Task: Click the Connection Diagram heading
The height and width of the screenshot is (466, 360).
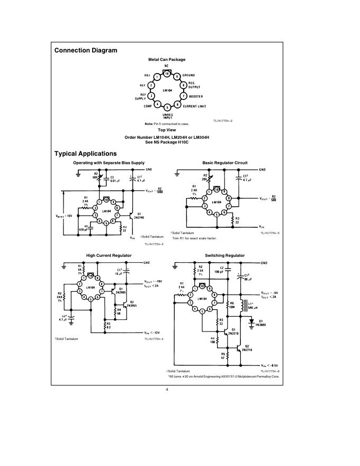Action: [86, 51]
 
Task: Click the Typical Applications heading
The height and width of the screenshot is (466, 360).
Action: [86, 154]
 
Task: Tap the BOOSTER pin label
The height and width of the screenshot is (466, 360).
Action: [200, 96]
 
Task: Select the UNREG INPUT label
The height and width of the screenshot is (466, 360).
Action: [167, 116]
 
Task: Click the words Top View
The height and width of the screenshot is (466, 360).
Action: [167, 130]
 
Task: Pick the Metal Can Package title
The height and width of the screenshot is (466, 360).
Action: [167, 59]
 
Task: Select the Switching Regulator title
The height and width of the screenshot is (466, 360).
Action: [225, 256]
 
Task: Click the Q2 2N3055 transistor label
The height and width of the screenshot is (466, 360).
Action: [132, 304]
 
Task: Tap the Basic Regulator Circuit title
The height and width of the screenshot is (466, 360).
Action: [225, 163]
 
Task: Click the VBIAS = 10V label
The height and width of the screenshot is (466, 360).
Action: [64, 216]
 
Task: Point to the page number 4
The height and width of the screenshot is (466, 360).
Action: [167, 390]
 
